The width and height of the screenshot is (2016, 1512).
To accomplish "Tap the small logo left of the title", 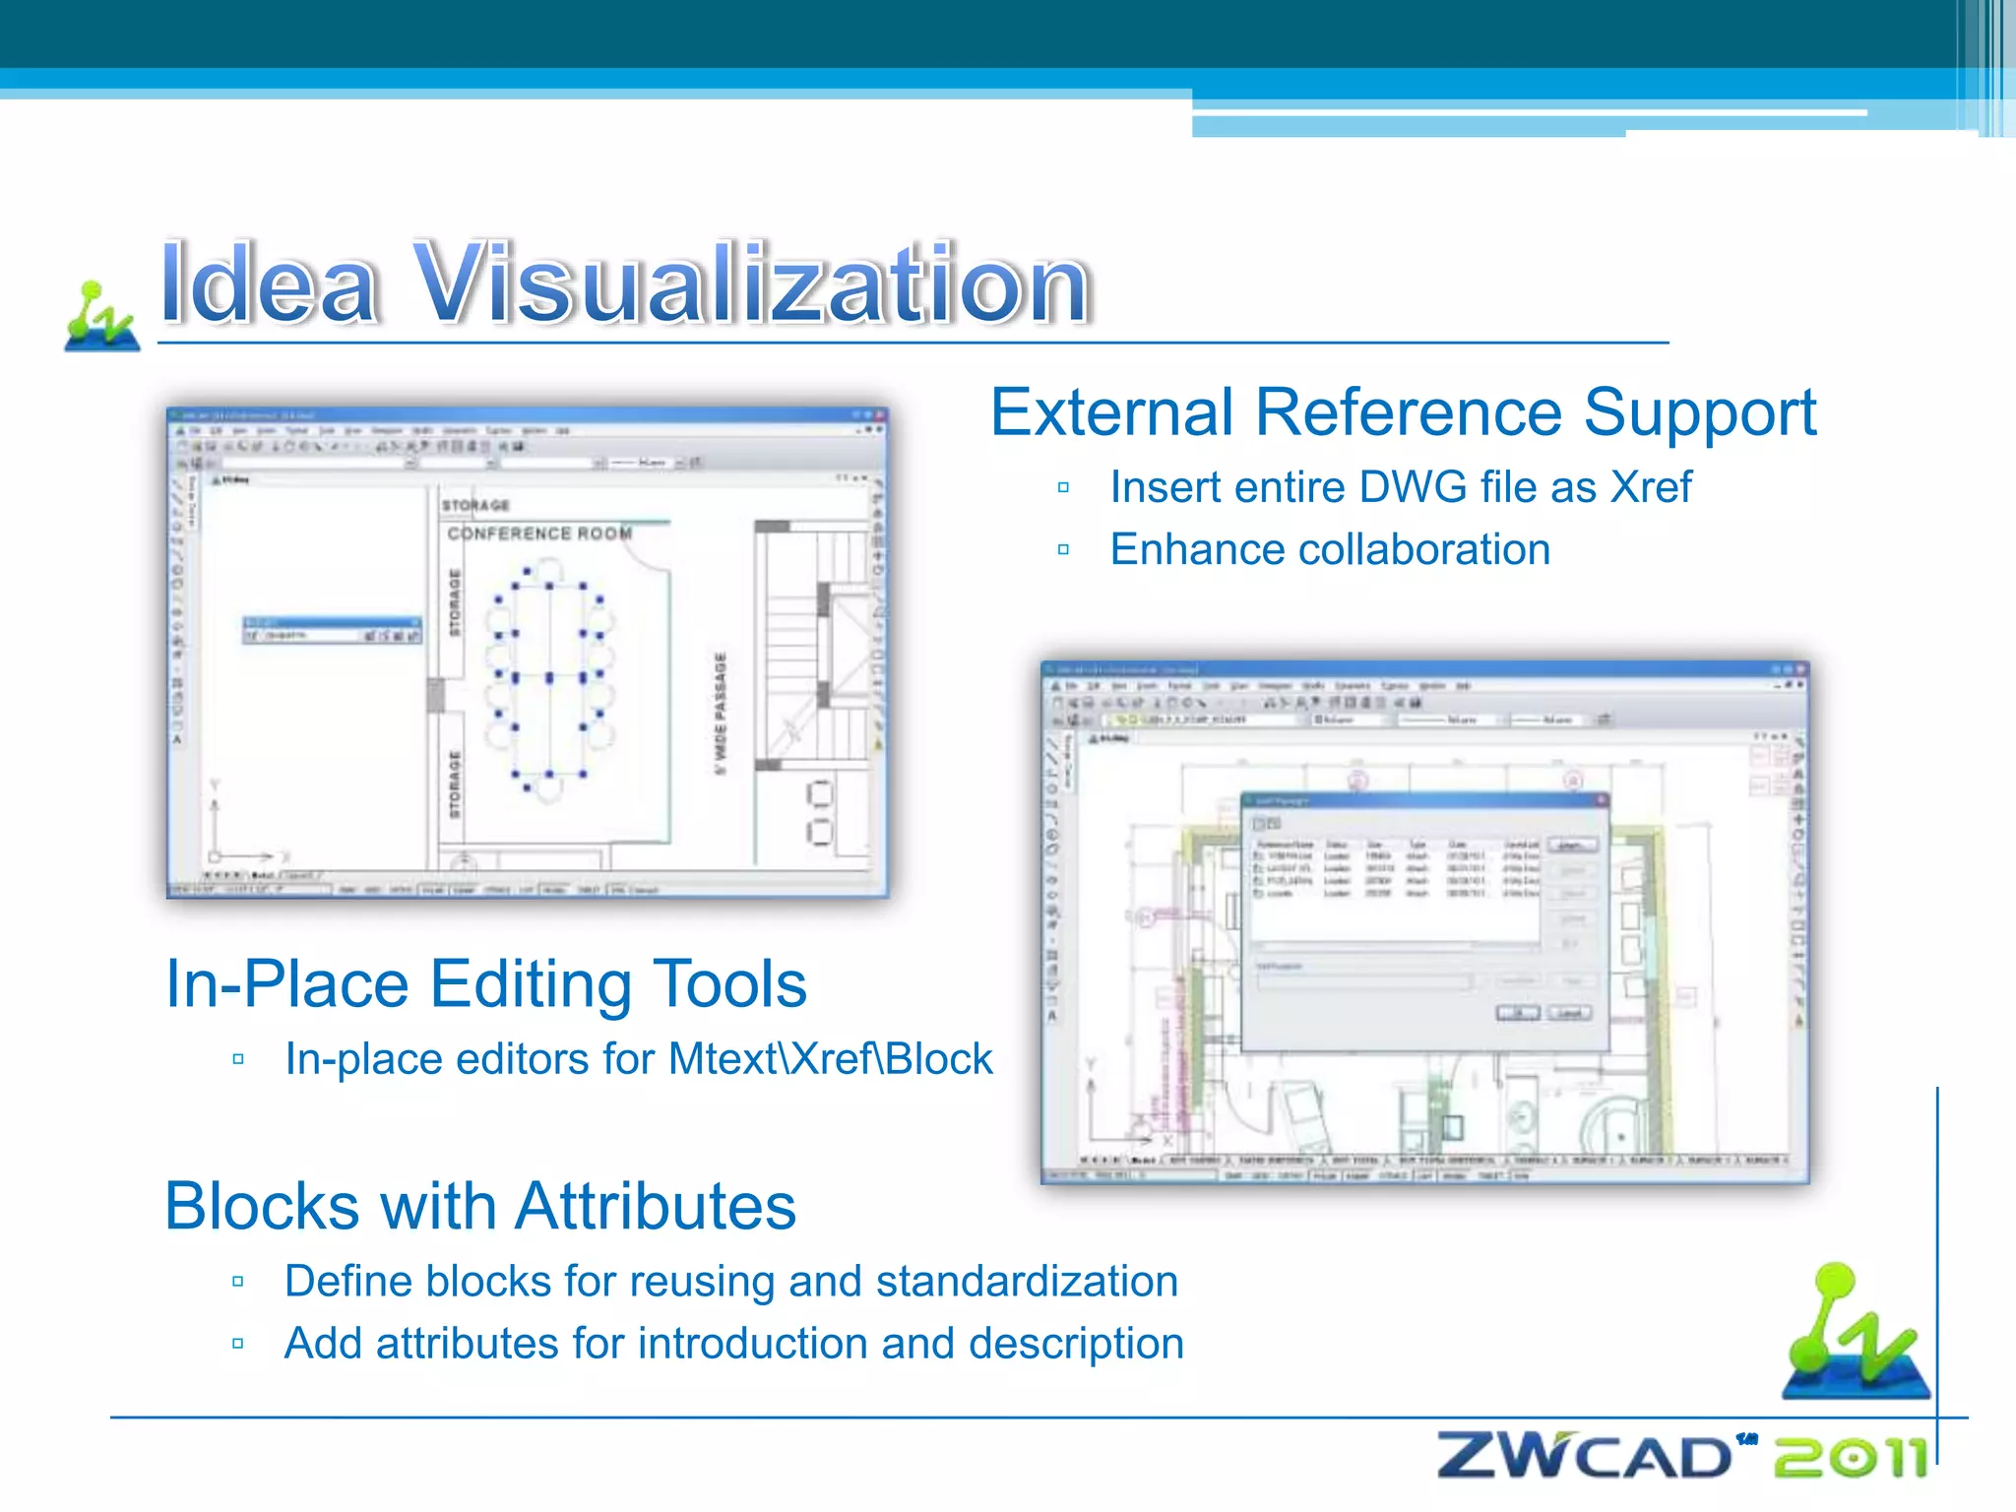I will [100, 317].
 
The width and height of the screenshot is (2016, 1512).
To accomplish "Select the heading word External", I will [1111, 412].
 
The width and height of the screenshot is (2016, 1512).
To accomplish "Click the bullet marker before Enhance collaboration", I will [1063, 550].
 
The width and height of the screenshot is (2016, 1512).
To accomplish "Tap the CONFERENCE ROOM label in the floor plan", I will [539, 534].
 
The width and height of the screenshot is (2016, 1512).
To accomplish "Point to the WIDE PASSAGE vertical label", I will [721, 713].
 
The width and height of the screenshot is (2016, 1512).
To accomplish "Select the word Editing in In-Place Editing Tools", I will [531, 984].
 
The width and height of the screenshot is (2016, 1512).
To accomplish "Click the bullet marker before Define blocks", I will [238, 1282].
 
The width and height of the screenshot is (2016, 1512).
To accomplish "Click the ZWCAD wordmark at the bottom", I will [1585, 1457].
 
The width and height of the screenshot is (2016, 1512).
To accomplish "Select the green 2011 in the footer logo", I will [1850, 1458].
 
